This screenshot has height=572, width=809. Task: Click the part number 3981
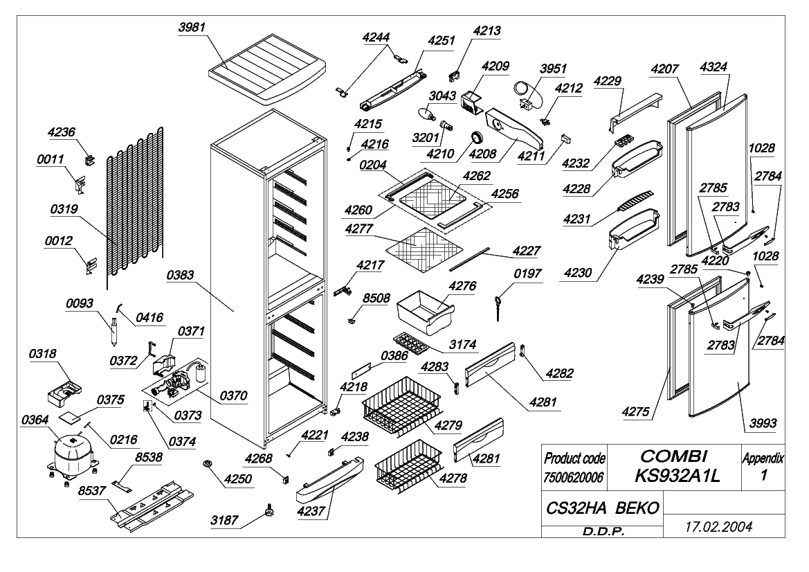tap(192, 28)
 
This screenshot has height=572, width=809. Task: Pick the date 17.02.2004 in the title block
tap(718, 526)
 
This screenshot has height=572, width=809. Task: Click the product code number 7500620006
tap(573, 478)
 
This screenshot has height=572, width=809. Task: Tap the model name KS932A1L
tap(676, 476)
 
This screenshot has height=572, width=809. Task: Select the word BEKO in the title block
tap(637, 508)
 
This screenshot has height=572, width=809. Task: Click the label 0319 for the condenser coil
tap(64, 209)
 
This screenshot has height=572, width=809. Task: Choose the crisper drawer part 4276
tap(425, 311)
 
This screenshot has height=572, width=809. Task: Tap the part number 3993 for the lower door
tap(763, 423)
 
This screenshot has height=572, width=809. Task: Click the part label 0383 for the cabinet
tap(180, 275)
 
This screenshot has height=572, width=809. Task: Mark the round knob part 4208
tap(475, 137)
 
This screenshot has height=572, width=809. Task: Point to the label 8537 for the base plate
tap(92, 490)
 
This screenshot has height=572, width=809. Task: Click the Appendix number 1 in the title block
tap(763, 475)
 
